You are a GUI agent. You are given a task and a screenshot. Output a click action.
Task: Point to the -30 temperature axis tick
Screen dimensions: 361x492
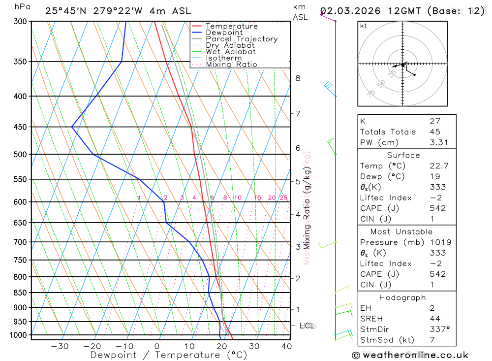click(60, 346)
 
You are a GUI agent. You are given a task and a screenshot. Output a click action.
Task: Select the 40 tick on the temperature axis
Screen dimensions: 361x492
click(286, 346)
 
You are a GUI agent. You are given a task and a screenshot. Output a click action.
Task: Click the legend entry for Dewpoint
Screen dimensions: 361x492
click(224, 33)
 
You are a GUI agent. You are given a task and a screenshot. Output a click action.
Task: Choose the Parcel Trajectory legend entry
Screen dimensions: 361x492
click(242, 39)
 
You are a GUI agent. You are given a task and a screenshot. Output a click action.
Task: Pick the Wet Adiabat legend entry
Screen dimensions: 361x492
click(231, 52)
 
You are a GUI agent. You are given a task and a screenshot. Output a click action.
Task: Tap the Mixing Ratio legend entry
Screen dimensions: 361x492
click(231, 65)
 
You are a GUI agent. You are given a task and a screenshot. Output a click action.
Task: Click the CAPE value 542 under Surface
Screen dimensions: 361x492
click(437, 208)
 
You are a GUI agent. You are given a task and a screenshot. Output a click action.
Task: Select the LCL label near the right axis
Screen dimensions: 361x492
click(307, 326)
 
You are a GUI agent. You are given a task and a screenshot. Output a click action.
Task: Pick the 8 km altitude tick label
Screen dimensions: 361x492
click(298, 78)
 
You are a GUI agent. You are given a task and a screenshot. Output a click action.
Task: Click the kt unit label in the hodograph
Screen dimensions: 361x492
click(364, 26)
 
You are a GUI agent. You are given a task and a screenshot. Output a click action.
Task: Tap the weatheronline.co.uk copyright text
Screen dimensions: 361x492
click(410, 355)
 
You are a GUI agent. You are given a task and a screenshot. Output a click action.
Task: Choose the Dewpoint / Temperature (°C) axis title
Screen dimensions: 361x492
click(168, 355)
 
